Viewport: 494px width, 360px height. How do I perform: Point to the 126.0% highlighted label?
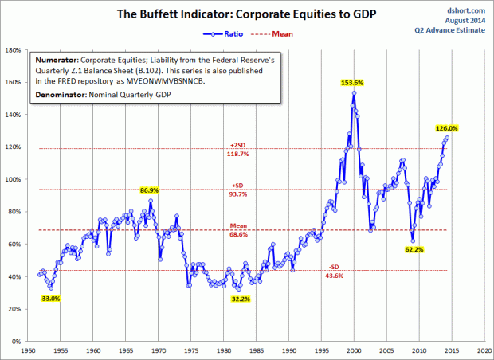447,127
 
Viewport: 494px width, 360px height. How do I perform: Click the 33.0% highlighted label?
50,299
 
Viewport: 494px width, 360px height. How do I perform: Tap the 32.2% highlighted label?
239,299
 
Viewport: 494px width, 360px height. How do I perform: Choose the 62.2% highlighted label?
414,249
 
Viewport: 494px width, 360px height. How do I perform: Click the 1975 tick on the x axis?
190,350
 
